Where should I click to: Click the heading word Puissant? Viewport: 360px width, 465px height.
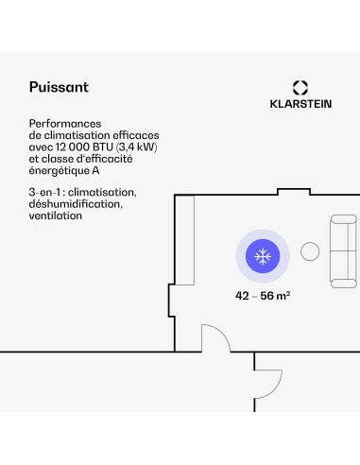(59, 87)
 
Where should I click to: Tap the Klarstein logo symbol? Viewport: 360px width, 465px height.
(300, 87)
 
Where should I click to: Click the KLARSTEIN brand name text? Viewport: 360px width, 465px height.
(300, 105)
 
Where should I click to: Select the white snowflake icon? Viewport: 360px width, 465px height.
(263, 256)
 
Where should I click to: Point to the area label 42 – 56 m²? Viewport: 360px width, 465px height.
(263, 295)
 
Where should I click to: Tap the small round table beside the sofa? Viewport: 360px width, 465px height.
(310, 250)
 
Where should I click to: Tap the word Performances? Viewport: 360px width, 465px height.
(64, 124)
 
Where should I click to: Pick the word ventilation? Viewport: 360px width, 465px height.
(56, 215)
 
